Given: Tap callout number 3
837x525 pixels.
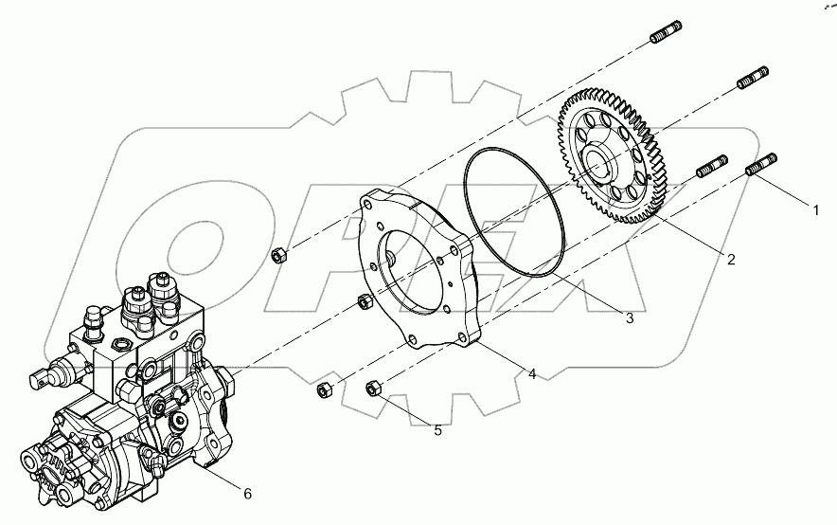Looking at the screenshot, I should (x=629, y=318).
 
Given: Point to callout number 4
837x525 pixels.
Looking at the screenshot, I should (x=532, y=374).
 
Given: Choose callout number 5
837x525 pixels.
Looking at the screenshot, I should (x=437, y=430).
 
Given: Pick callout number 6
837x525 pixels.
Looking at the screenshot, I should (x=247, y=494).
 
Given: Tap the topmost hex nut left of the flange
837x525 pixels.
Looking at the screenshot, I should (x=278, y=254).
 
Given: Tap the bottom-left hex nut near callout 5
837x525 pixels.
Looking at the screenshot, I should (x=322, y=389).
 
